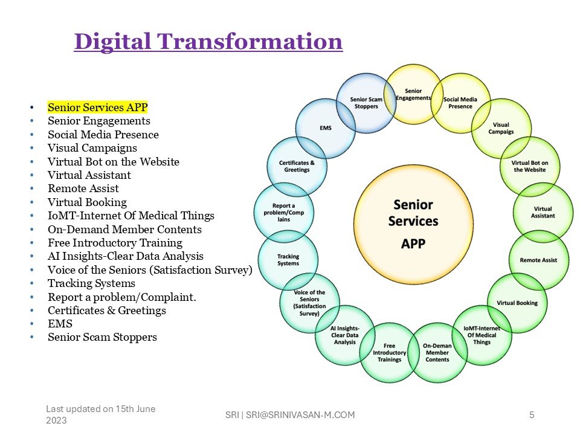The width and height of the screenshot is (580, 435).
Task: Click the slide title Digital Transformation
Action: [208, 41]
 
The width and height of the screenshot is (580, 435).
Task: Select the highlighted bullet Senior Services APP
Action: [98, 108]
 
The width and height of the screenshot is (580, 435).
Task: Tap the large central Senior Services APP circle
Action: [413, 224]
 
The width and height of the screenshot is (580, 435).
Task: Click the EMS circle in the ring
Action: [326, 128]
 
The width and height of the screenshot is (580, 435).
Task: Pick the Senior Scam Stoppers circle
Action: [366, 103]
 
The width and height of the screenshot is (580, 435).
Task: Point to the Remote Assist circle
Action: [538, 260]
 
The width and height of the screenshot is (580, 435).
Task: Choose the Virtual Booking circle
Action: [517, 303]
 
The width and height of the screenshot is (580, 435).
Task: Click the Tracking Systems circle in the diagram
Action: [288, 260]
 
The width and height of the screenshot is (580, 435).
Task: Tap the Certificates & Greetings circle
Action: [297, 167]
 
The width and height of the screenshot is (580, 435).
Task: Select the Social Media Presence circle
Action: [460, 103]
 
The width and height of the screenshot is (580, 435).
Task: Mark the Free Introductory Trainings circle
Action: [389, 352]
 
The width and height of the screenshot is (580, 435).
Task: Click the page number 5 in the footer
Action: [532, 414]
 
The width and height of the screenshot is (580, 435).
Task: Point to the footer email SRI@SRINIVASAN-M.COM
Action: [300, 414]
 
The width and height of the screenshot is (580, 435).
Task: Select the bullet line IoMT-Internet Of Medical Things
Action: [131, 216]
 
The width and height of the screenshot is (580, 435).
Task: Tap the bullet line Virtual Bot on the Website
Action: [113, 162]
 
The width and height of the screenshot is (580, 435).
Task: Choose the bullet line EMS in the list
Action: [60, 324]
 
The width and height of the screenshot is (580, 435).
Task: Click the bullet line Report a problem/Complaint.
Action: [121, 297]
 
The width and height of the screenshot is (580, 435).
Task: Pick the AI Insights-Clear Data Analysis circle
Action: [345, 335]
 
